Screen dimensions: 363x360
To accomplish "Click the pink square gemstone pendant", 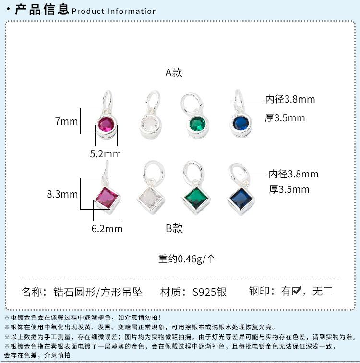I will [106, 198].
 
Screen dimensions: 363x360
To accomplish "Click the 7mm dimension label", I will [66, 121].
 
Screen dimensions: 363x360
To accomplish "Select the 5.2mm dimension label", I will [106, 154].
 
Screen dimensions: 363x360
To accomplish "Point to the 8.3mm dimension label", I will [62, 194].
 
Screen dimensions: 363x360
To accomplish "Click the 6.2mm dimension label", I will [107, 229].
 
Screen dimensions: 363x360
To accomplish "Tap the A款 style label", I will [174, 72].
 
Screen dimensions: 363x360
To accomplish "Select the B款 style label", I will [174, 228].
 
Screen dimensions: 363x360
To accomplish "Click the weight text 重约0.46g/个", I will [187, 258].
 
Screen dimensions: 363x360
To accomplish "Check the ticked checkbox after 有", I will [297, 291].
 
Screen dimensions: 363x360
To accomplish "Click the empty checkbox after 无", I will [328, 291].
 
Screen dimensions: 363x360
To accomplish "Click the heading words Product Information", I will [114, 11].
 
